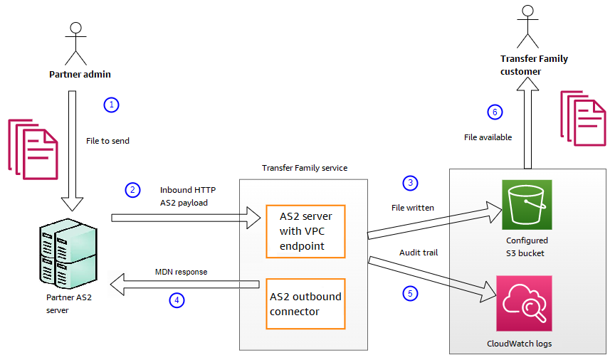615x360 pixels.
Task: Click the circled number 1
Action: click(110, 105)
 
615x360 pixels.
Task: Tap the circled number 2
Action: click(132, 190)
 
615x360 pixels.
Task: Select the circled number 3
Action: click(409, 183)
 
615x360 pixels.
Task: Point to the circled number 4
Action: click(176, 300)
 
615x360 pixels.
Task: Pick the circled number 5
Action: click(409, 292)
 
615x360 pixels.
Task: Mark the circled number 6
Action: click(495, 112)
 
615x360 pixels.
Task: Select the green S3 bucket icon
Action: click(527, 204)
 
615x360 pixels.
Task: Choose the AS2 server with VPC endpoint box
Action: click(305, 231)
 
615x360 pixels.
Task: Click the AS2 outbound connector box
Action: click(305, 304)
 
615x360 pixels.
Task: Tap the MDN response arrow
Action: click(185, 286)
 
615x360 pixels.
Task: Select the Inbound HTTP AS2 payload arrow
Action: click(185, 217)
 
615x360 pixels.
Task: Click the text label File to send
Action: click(107, 141)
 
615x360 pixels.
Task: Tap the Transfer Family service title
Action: click(304, 168)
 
